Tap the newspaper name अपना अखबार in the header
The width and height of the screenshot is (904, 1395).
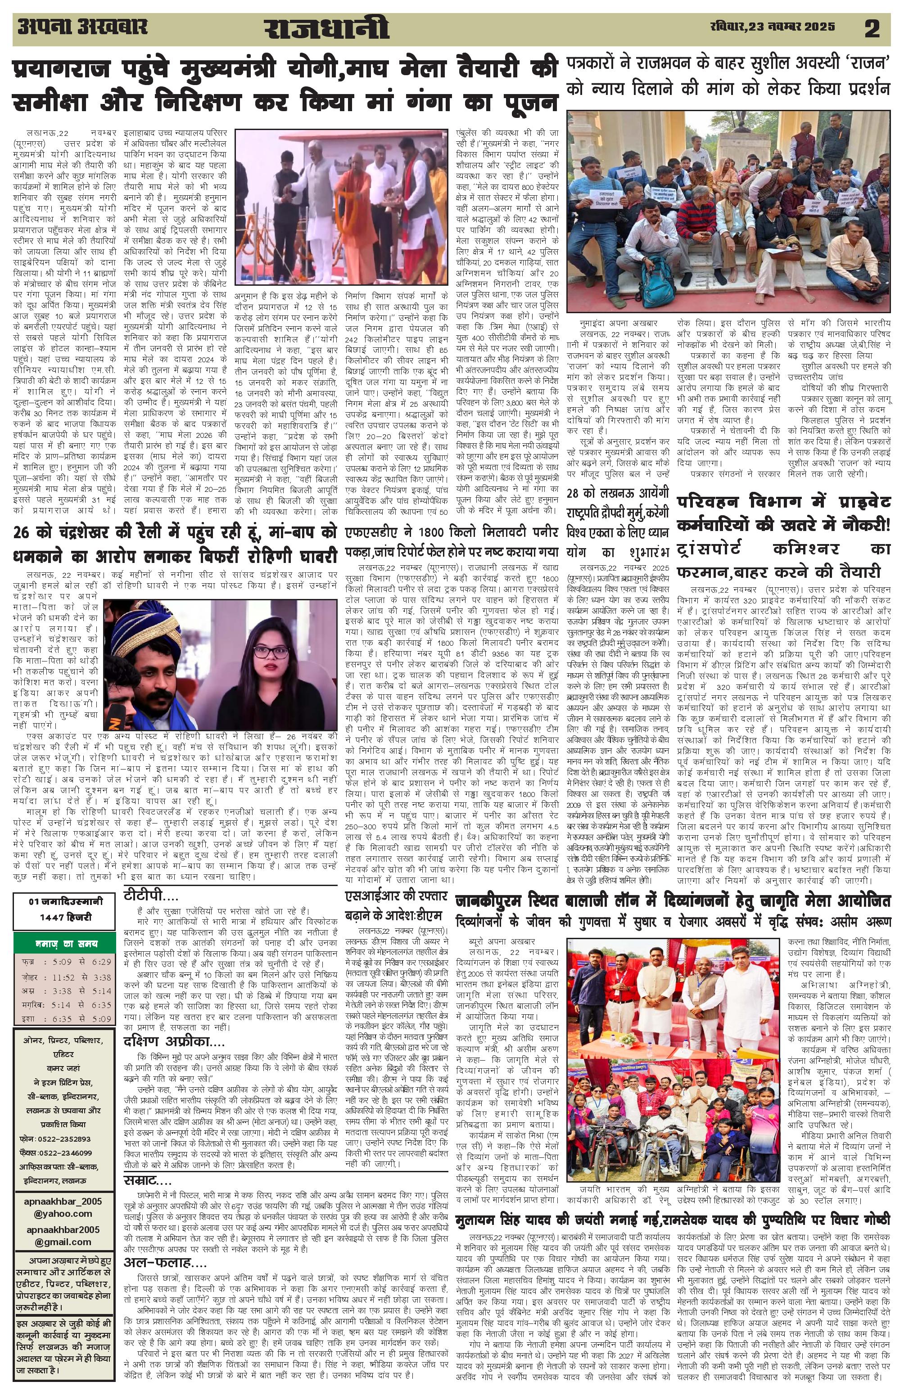click(x=82, y=27)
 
